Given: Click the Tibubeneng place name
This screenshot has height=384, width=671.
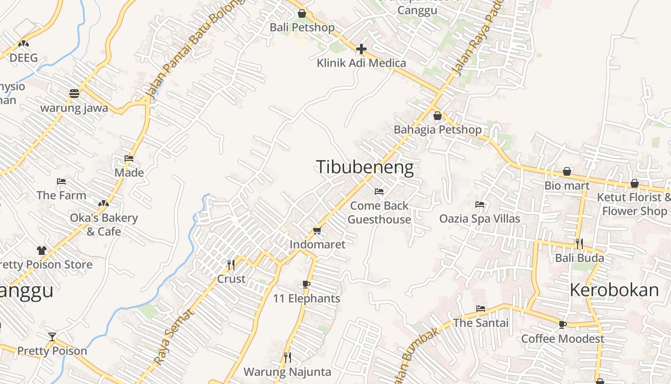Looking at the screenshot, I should click(365, 167).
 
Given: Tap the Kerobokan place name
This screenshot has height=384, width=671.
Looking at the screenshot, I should click(614, 290).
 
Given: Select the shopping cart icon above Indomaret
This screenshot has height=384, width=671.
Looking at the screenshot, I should click(317, 231).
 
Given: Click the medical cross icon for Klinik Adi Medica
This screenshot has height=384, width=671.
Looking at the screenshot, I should click(361, 49).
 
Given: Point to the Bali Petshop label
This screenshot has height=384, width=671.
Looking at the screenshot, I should click(302, 27).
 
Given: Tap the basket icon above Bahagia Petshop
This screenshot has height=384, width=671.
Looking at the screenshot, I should click(437, 116).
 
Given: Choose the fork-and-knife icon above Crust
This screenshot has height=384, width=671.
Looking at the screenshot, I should click(231, 264).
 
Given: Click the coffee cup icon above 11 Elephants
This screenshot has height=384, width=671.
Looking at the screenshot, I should click(306, 285).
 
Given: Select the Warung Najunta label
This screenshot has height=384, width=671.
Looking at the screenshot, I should click(287, 372).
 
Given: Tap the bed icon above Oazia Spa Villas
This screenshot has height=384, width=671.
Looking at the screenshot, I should click(480, 204).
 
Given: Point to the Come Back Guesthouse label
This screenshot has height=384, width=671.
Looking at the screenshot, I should click(379, 213).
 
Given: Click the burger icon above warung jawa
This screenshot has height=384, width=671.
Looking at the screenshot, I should click(74, 94).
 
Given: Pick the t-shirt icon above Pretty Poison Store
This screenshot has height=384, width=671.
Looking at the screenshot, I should click(42, 250).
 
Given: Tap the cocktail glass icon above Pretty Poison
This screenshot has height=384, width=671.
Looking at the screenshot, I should click(52, 336).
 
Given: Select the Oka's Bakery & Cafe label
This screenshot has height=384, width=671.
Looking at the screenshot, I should click(104, 225).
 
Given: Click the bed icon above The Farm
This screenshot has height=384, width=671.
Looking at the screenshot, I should click(61, 181).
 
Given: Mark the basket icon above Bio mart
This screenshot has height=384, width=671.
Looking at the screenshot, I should click(567, 171).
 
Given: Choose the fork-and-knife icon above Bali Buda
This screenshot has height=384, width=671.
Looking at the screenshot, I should click(579, 244).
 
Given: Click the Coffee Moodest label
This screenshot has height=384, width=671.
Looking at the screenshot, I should click(563, 339).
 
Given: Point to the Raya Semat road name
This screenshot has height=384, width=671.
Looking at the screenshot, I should click(174, 337).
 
